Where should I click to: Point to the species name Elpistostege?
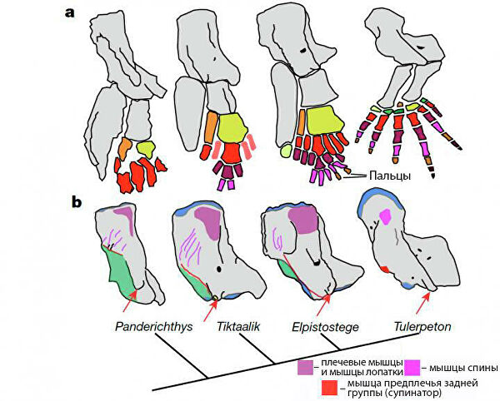coord(325,327)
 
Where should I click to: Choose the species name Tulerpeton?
coord(422,327)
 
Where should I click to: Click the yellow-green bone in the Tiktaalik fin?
coord(229,126)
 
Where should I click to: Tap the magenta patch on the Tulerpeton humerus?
coord(384,217)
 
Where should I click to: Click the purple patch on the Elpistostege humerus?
coord(302,220)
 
